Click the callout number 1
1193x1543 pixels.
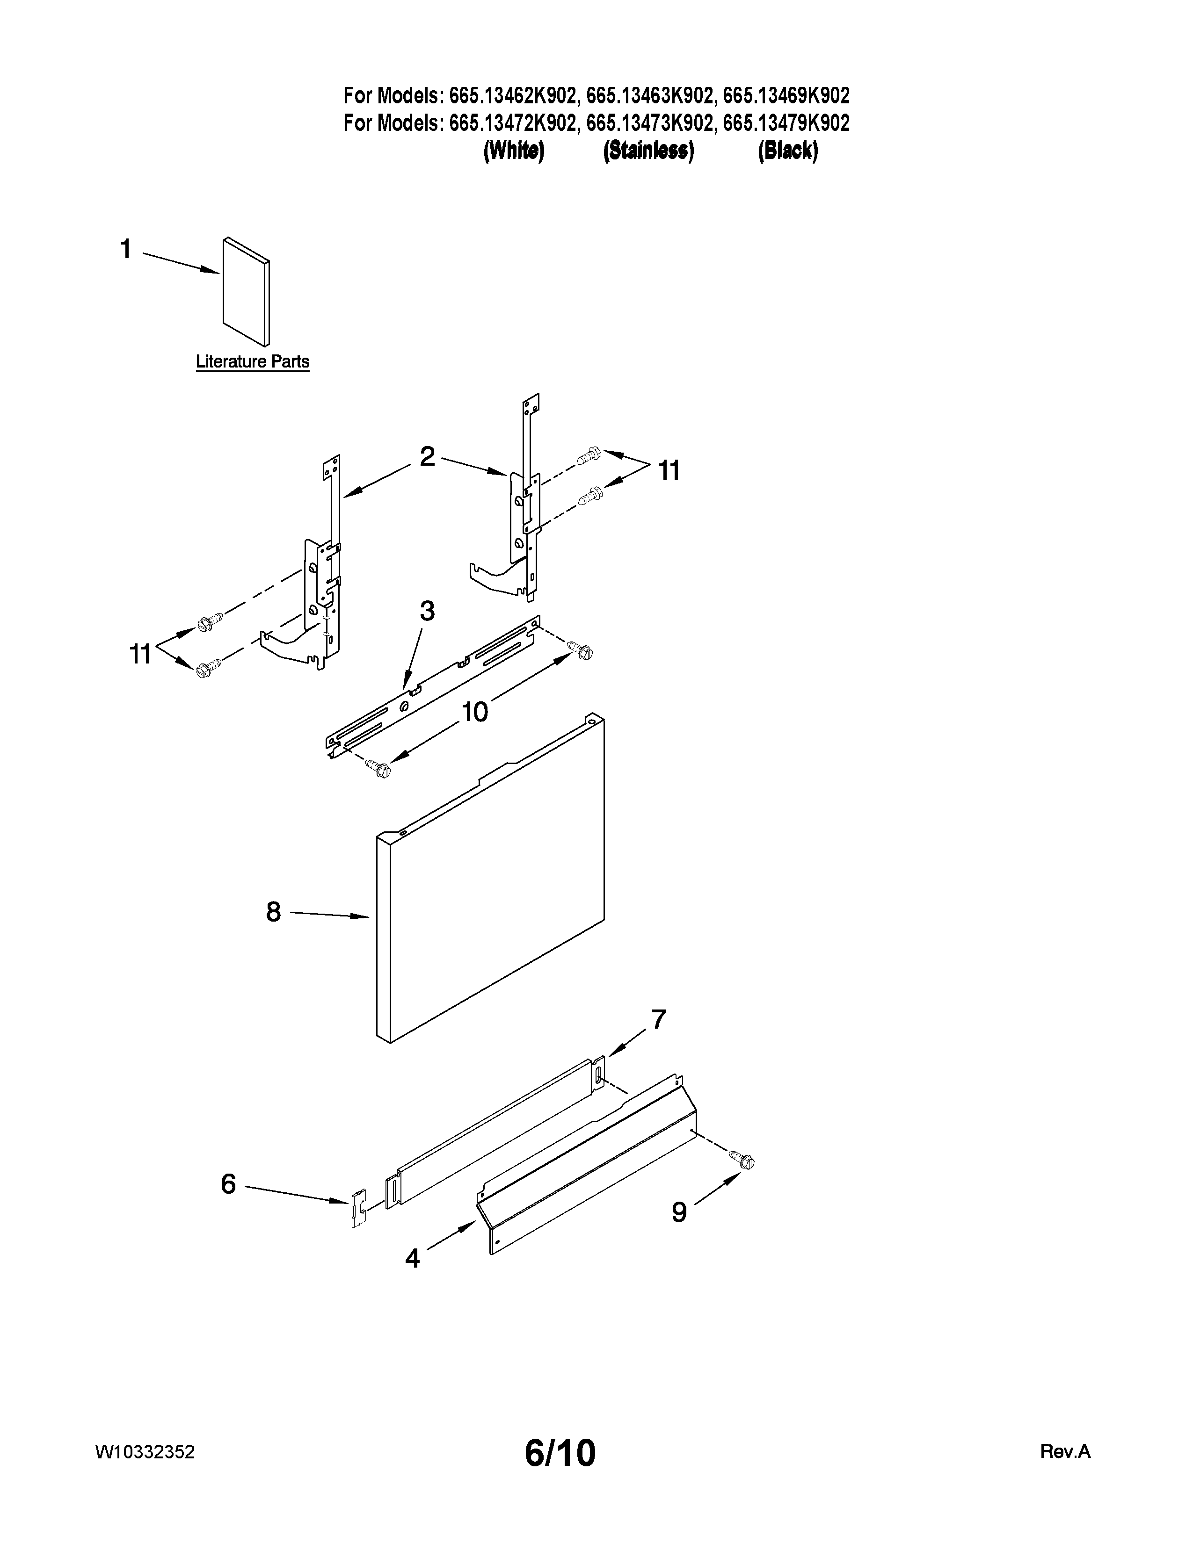coord(126,249)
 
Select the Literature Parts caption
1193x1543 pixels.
coord(252,362)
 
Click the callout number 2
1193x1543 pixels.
coord(427,456)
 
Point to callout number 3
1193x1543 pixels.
coord(427,610)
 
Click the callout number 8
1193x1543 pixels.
coord(274,912)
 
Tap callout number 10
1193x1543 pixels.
coord(475,712)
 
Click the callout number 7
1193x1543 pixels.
coord(658,1019)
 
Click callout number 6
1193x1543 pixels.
coord(227,1183)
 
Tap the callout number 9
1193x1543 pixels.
coord(678,1212)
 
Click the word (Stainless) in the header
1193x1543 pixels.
coord(648,151)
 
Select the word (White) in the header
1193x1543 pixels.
coord(514,151)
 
